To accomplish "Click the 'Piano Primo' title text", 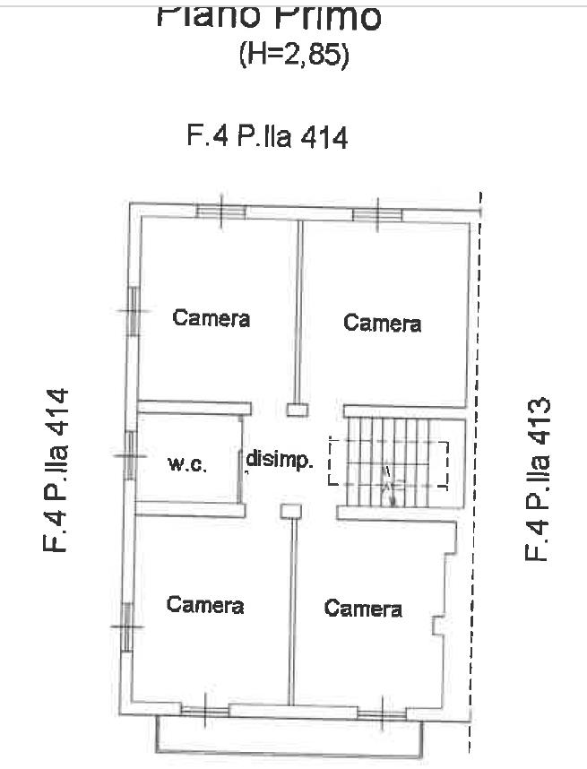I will click(268, 15).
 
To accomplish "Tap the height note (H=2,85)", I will click(293, 56).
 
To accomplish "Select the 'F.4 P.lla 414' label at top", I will click(266, 137).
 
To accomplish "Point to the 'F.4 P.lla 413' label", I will click(536, 480).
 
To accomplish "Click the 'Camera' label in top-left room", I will click(211, 318).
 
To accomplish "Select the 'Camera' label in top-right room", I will click(383, 323).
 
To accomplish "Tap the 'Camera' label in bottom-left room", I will click(205, 605).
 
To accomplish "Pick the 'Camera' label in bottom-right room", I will click(363, 609).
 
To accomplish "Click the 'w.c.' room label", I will click(187, 464).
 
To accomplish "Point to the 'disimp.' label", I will click(281, 462).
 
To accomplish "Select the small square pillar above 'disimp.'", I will click(296, 410).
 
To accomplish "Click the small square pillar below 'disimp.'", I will click(290, 511).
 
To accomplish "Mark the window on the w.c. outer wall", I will click(132, 455).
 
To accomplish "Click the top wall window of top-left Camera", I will click(220, 212).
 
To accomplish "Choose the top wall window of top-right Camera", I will click(376, 213).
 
